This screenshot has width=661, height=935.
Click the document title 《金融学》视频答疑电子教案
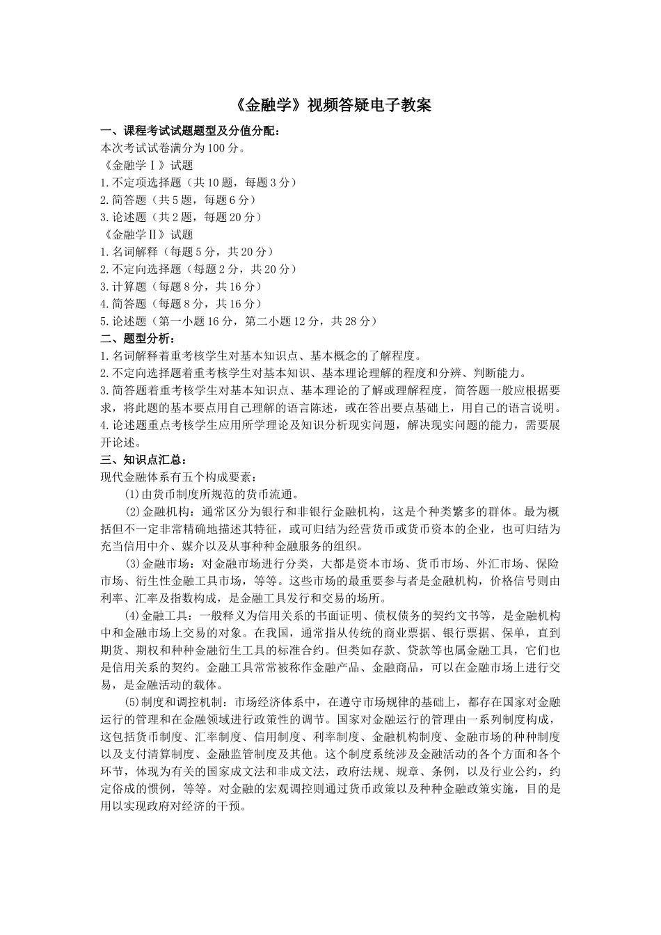click(x=330, y=105)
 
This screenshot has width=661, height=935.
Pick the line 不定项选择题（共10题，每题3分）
click(x=199, y=182)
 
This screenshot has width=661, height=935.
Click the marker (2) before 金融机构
click(x=132, y=511)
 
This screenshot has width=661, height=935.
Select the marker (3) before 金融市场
click(x=132, y=564)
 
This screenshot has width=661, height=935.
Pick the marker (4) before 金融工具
click(x=132, y=616)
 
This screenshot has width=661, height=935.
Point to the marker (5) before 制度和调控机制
click(x=132, y=702)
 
